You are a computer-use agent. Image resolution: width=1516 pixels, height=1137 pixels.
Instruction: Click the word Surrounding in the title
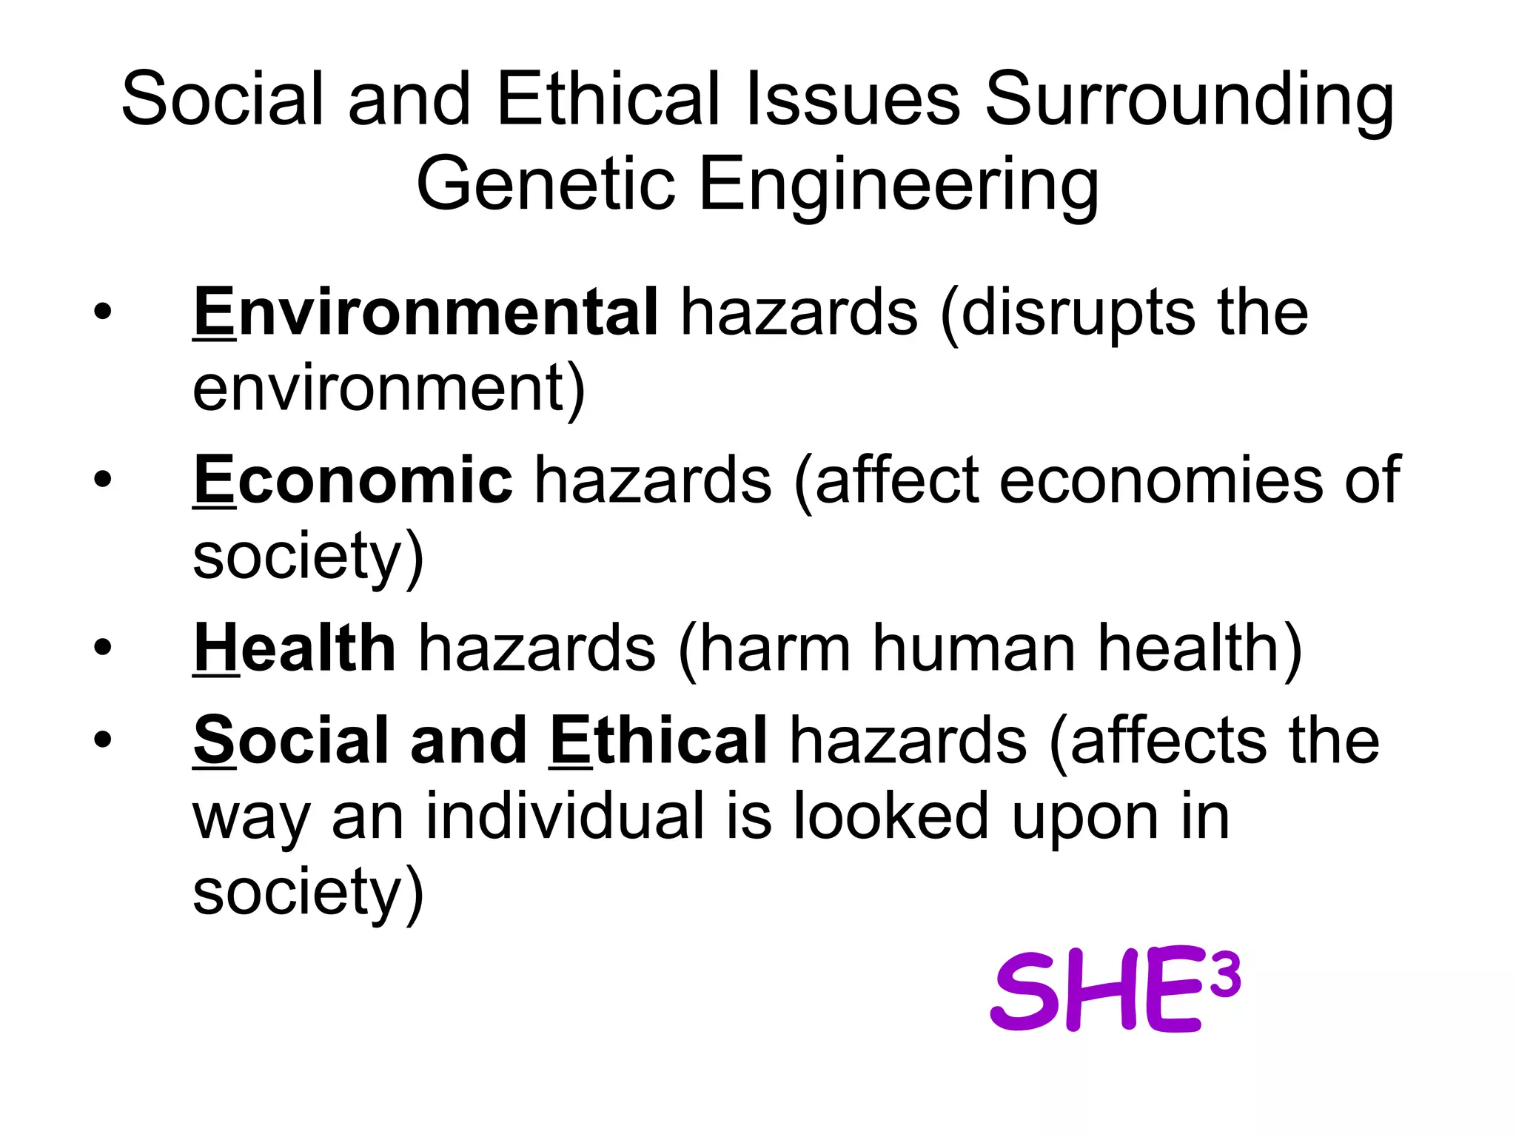click(x=1189, y=100)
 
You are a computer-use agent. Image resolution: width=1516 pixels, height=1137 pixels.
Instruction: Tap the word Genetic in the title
click(x=546, y=184)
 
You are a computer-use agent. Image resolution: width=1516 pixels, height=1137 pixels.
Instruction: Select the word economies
click(x=1161, y=481)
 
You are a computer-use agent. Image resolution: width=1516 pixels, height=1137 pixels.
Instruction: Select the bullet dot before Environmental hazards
click(x=103, y=312)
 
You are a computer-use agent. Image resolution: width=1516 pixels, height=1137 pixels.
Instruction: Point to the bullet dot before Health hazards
click(x=103, y=648)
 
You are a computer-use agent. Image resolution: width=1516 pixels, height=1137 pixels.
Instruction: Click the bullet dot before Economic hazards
click(x=103, y=480)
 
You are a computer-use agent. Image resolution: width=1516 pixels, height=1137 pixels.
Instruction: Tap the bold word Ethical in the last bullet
click(x=658, y=740)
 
